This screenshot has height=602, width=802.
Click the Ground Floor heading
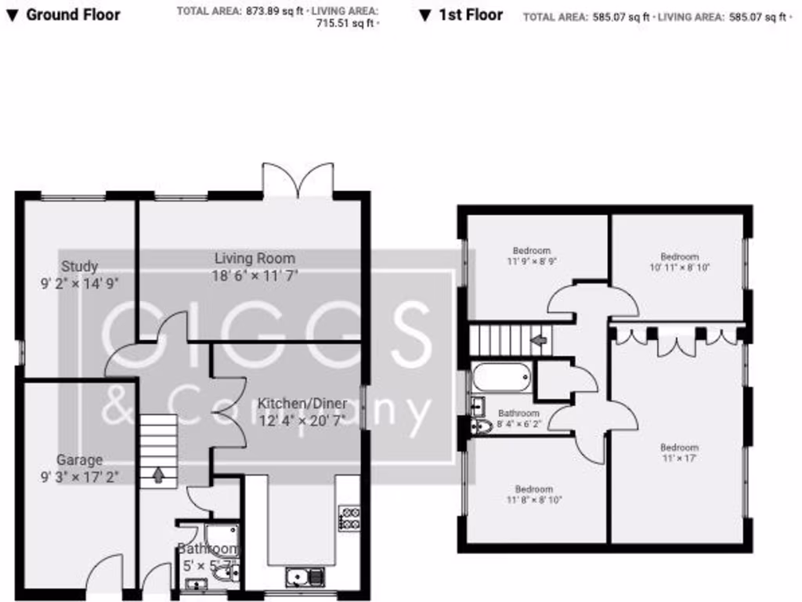pos(73,15)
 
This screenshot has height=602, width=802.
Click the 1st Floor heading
pos(470,15)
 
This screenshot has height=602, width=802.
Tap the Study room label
pos(79,267)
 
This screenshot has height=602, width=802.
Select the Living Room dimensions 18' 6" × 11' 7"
pos(255,275)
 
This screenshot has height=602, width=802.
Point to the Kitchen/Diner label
pos(302,404)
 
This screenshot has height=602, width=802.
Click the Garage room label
pos(79,460)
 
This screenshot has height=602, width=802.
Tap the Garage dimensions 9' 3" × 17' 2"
pos(79,475)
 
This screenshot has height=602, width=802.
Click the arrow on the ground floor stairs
pos(159,474)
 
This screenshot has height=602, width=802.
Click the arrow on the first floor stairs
pos(538,340)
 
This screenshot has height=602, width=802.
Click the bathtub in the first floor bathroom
pos(502,378)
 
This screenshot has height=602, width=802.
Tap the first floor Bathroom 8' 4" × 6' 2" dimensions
pos(518,423)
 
